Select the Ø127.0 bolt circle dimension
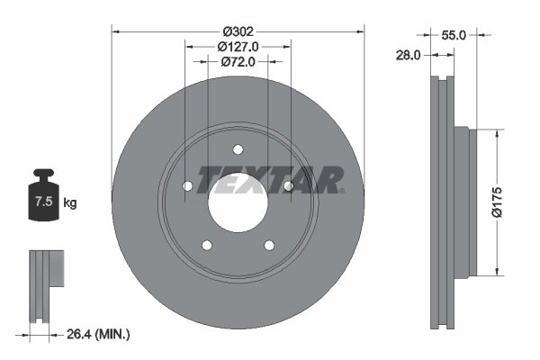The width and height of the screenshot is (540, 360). pos(238,46)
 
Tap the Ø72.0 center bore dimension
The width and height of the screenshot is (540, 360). pos(238,62)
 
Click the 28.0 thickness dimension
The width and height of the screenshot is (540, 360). pos(409,56)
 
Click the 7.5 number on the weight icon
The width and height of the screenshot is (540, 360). pos(43,202)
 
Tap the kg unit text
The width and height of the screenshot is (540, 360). pos(70,202)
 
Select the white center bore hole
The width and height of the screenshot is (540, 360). pos(238,200)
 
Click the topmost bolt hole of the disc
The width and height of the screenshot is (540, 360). pos(238,149)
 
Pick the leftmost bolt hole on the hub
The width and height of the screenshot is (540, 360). pos(188,185)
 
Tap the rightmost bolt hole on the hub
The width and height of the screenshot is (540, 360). pos(287,185)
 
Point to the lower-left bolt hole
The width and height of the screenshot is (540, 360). pos(207,245)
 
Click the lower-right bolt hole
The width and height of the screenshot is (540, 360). pos(268,245)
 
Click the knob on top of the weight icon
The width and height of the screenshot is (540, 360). pos(43,173)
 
